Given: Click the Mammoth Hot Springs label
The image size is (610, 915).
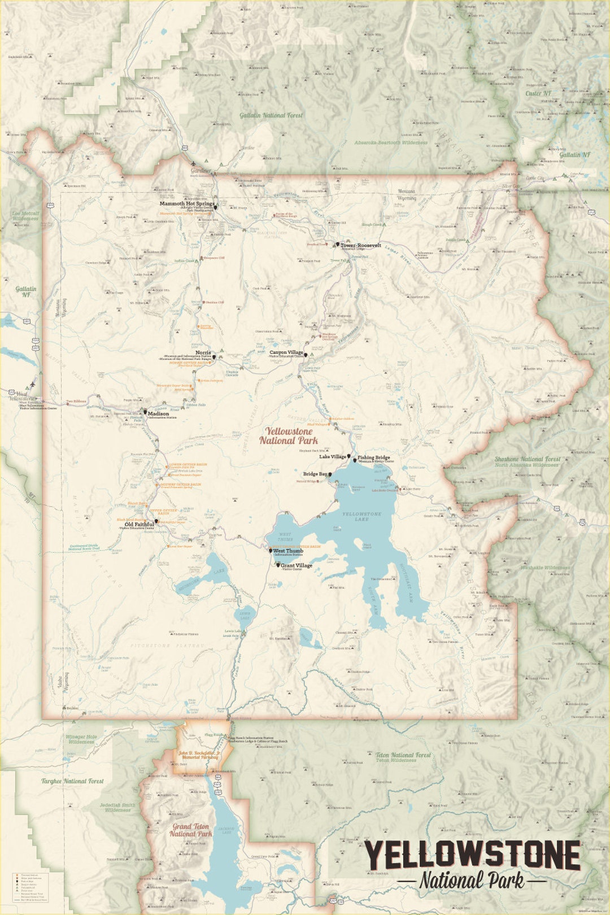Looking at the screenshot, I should pos(186,203).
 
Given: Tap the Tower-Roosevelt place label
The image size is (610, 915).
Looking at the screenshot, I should pos(360,246).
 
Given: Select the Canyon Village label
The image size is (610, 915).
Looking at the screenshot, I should pos(286,352).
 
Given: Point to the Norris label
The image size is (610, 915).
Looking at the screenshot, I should pos(203,352).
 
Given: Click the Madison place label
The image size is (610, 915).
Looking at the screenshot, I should pos(158,413).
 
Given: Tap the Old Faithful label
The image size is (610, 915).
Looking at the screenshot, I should pos(139,524).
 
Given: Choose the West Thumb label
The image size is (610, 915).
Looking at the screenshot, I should pos(288,551).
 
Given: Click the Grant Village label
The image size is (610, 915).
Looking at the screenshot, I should pos(296,565).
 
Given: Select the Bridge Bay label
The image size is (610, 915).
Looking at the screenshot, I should pos(315,474).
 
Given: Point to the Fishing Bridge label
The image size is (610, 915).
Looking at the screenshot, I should pos(373,457).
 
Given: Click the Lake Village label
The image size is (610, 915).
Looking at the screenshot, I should pos(333,456).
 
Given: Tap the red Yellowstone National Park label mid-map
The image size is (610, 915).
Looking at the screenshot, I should pos(289,435).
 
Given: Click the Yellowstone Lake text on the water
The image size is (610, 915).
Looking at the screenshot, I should pos(361,516).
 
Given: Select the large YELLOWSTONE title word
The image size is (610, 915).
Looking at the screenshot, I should pos(472,855).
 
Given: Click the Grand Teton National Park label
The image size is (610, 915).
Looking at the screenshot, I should pos(190,830).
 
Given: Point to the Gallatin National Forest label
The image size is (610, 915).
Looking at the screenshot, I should pos(271,115).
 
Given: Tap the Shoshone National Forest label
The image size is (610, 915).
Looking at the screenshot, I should pos(528,459).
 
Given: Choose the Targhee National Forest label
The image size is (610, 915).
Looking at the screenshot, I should pos(72,781).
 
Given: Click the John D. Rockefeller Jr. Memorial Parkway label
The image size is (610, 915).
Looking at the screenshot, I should pos(199,755).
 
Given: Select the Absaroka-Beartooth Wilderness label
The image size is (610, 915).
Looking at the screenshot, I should pos(391,143).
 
